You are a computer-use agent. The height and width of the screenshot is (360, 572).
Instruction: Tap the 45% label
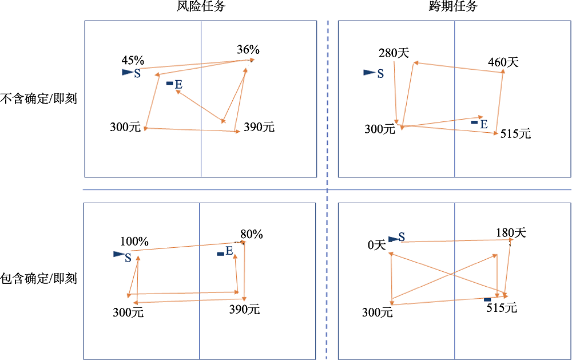click(x=133, y=61)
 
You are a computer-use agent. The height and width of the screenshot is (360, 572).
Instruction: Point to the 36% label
click(x=248, y=50)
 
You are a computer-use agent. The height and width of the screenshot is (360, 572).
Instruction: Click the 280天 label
click(x=394, y=53)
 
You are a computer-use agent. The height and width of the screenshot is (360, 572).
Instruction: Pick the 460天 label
click(x=503, y=62)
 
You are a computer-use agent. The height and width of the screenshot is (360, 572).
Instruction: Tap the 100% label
click(x=134, y=242)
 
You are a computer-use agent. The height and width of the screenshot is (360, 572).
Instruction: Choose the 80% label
click(x=251, y=234)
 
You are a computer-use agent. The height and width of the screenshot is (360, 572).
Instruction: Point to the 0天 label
click(x=377, y=246)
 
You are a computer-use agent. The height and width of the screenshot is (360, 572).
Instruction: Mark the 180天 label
click(x=511, y=233)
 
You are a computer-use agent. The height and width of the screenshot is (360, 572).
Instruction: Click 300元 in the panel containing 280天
click(x=380, y=129)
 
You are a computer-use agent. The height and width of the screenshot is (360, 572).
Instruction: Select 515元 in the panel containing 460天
click(x=515, y=134)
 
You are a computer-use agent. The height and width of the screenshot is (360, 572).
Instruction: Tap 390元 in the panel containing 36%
click(x=259, y=128)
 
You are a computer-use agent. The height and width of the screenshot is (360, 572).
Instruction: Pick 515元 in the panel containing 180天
click(x=502, y=308)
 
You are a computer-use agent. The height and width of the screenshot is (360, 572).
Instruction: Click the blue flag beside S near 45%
click(x=127, y=73)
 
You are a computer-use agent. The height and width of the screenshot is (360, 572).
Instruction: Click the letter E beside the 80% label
click(x=229, y=251)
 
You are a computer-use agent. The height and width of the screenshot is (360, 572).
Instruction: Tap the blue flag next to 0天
click(x=393, y=239)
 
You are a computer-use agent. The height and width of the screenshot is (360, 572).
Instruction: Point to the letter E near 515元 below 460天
click(x=484, y=124)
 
